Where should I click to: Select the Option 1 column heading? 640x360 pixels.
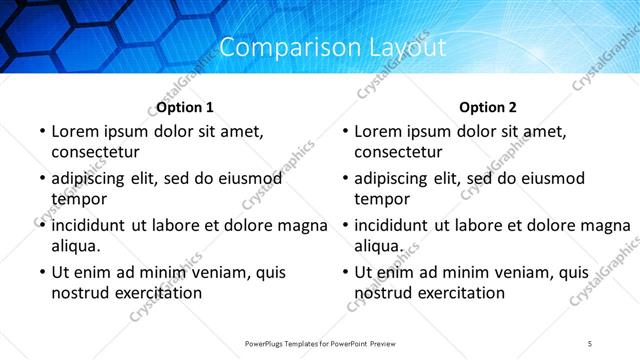point(185,107)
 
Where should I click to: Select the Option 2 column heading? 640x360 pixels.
point(489,107)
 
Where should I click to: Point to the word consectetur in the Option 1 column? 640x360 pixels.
point(95,152)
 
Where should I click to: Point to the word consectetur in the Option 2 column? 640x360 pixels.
point(398,152)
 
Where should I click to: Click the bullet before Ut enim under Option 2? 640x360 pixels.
point(344,272)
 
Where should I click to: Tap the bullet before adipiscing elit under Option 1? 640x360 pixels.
point(41,179)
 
